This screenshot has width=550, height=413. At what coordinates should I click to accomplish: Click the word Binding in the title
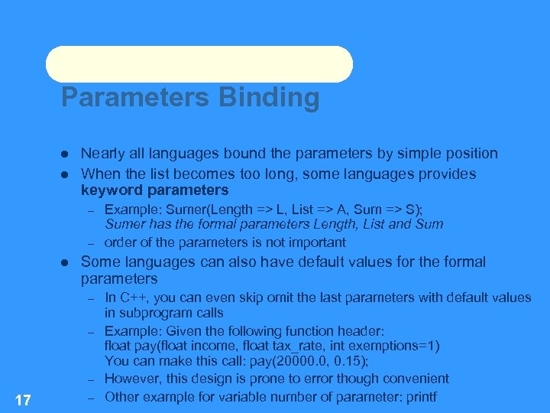click(269, 99)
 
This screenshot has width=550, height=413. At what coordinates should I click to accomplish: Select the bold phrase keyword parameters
click(154, 190)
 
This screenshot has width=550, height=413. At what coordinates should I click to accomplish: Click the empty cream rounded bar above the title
click(199, 63)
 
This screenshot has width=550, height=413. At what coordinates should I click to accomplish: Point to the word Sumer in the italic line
click(122, 224)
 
